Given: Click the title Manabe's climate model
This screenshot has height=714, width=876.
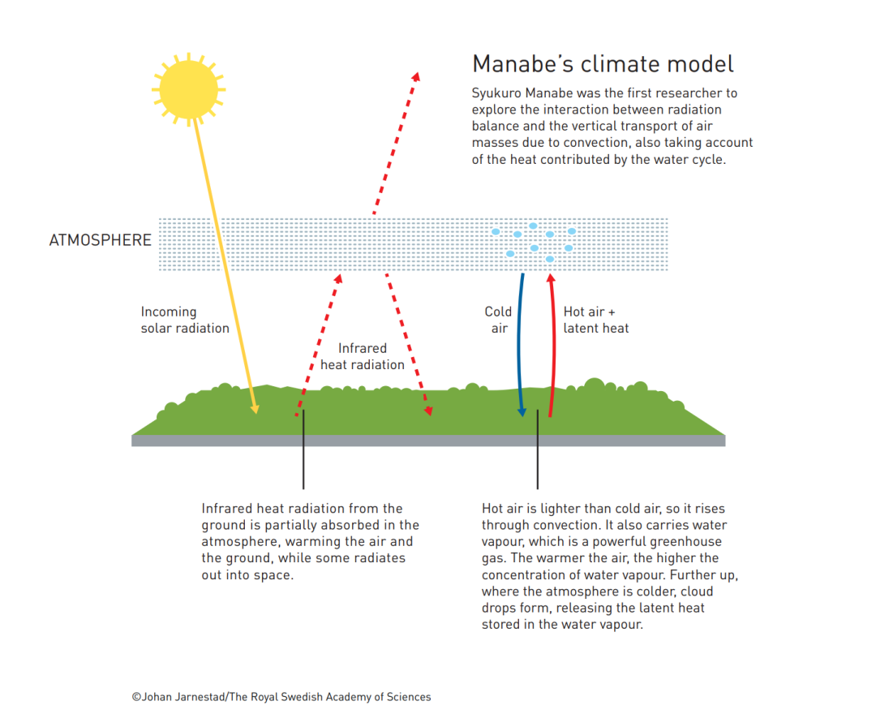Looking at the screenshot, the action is (x=603, y=64).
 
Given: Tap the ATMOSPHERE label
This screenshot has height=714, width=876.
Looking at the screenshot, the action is (x=101, y=240).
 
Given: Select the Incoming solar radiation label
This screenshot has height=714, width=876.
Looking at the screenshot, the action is (x=185, y=320).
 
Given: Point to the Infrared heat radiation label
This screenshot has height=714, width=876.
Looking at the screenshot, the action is (x=362, y=356).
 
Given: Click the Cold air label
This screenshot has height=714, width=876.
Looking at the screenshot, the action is (x=498, y=320).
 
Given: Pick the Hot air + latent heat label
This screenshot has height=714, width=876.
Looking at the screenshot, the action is (x=596, y=320).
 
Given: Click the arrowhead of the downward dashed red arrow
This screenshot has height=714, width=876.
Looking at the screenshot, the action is (x=428, y=410).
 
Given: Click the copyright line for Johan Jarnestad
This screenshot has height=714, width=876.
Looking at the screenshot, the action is (x=281, y=696).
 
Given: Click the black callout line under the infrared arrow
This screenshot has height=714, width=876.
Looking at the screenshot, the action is (x=303, y=454).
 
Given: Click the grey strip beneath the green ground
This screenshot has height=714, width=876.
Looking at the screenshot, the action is (x=428, y=441).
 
